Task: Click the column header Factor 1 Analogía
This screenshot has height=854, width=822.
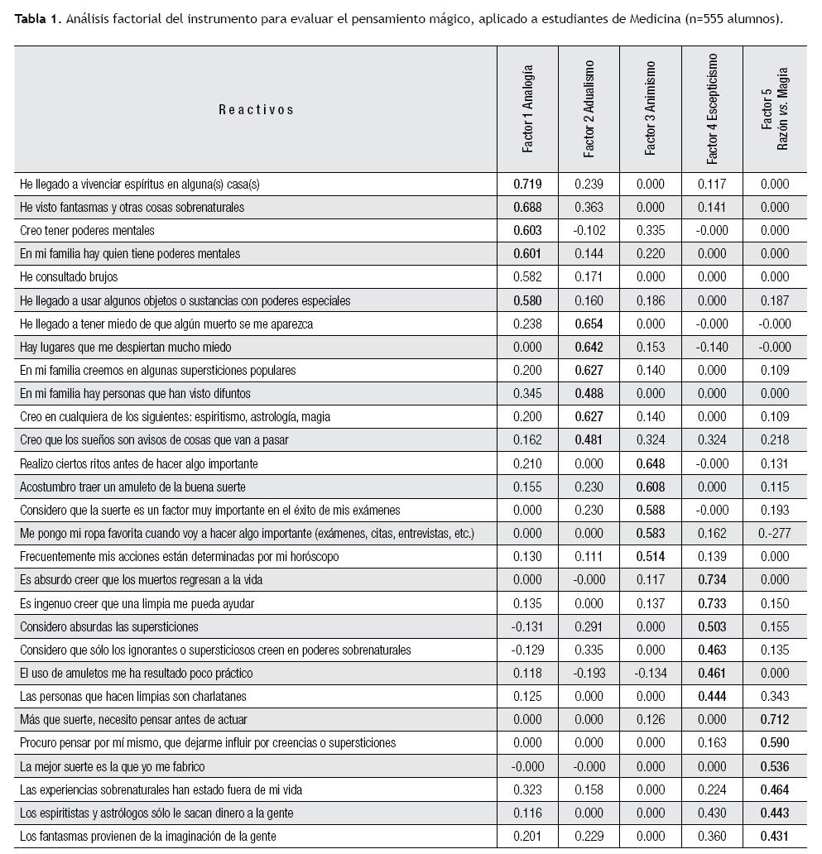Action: (x=527, y=108)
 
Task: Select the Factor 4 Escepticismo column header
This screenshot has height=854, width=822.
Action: (x=712, y=108)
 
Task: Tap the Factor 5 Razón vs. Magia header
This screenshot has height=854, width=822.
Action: (x=773, y=108)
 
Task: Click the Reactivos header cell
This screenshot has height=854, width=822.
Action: (x=256, y=109)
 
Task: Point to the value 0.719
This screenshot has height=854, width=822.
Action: (x=527, y=184)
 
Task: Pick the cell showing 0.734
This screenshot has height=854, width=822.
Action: (x=712, y=580)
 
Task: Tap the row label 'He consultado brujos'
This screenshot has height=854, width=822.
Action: (x=71, y=277)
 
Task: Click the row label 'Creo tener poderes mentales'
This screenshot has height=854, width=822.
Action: (x=87, y=230)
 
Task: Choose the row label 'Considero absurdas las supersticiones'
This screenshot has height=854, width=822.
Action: (x=108, y=626)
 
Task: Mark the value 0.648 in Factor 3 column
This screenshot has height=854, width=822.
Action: (x=650, y=463)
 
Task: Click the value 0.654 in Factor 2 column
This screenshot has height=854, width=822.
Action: (x=589, y=324)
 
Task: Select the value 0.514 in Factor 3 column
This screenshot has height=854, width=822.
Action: (x=650, y=557)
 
